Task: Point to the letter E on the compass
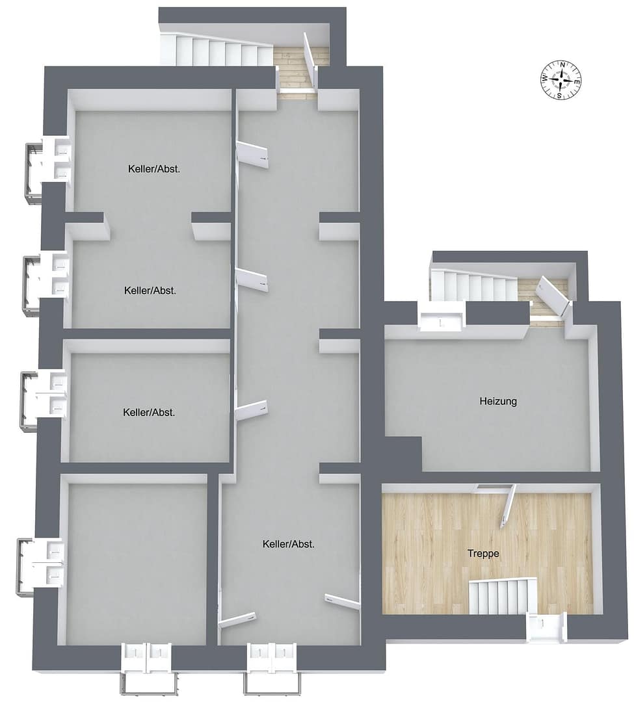tap(577, 82)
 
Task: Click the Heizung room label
tap(498, 401)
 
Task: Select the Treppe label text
tap(483, 554)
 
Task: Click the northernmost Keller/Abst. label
tap(154, 169)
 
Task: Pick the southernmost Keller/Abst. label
tap(288, 545)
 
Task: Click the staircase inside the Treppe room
tap(503, 596)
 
